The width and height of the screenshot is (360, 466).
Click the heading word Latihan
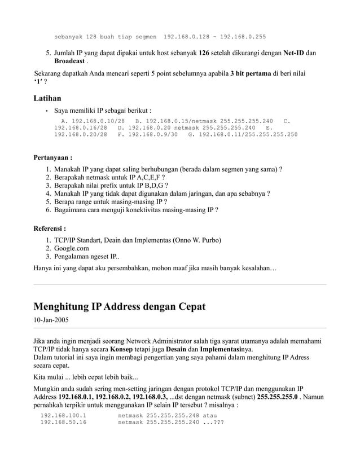tap(47, 99)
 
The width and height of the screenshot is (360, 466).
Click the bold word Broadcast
tap(69, 60)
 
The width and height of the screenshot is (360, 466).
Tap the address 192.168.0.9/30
tap(153, 135)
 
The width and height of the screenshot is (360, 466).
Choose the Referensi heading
tap(50, 229)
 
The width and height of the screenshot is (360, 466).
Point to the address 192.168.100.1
tap(63, 416)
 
